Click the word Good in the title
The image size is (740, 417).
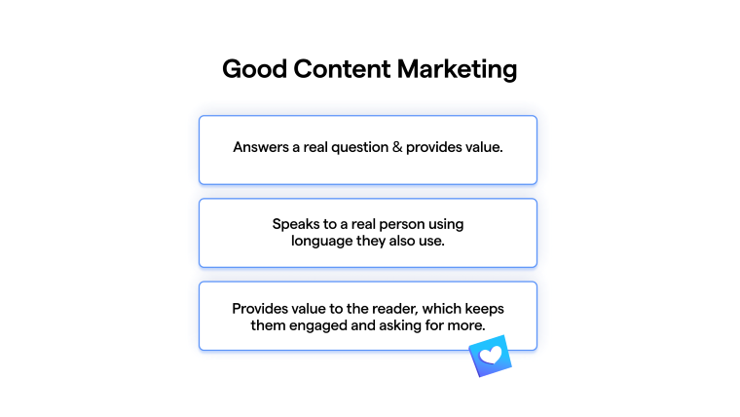[254, 69]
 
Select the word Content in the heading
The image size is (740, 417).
[342, 69]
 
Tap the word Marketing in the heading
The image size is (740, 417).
[457, 70]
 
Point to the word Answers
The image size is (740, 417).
[261, 147]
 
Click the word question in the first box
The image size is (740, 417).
[359, 148]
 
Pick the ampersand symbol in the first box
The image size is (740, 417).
[397, 147]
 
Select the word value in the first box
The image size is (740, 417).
[484, 147]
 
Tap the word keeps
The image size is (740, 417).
[485, 309]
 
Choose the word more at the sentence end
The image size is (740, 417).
[468, 325]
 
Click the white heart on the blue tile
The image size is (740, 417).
[491, 356]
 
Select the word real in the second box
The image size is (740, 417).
[363, 224]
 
